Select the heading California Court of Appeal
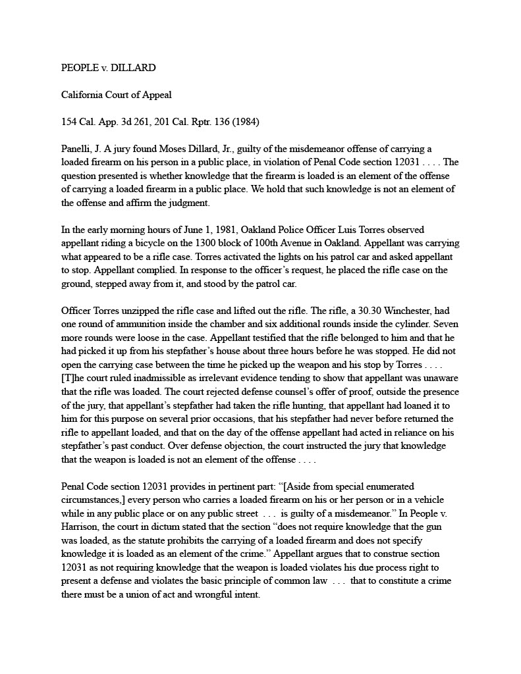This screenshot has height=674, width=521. [x=117, y=95]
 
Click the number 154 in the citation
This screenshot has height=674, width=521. [x=70, y=122]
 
